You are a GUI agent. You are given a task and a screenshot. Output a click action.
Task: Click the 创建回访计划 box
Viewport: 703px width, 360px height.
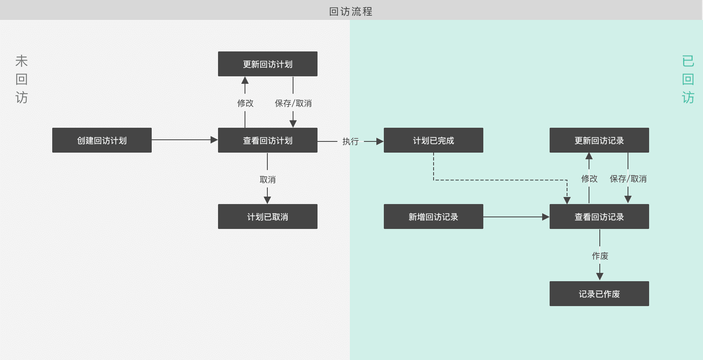pos(102,140)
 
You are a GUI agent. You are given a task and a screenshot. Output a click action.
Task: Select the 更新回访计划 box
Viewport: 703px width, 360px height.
pos(268,64)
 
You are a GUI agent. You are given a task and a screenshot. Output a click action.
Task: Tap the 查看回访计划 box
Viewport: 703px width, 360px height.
pos(268,140)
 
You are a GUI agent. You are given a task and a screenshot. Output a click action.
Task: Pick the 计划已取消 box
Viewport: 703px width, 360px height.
pos(268,216)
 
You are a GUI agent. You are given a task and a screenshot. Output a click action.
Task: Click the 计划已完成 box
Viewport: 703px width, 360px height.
pos(434,140)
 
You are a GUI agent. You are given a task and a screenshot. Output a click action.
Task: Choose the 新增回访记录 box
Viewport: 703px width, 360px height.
pos(434,216)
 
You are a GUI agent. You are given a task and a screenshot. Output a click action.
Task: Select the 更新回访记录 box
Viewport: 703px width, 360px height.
pos(599,140)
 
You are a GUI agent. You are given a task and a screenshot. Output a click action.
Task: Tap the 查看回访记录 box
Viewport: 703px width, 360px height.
pos(599,216)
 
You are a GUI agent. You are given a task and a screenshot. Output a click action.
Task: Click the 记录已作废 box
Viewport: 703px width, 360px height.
pos(599,294)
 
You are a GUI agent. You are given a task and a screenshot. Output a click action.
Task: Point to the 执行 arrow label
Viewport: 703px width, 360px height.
pos(350,141)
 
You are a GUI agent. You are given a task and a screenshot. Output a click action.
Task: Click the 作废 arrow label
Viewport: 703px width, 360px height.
pos(600,256)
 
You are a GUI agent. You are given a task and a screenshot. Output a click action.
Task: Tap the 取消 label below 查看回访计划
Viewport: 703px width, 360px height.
pos(267,180)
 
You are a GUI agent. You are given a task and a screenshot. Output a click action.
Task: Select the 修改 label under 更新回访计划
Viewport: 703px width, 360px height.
pos(245,103)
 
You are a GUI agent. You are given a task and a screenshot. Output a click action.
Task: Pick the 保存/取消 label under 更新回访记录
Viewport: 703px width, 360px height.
pos(628,179)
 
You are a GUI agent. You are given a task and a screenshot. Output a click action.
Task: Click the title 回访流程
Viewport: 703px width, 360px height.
pos(351,11)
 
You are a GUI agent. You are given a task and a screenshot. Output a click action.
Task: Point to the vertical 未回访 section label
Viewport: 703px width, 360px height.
pos(22,79)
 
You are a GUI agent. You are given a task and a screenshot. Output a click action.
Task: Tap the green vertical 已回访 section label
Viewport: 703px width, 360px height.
pos(688,79)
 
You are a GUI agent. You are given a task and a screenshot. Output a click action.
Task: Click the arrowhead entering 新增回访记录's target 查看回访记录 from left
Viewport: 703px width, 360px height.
pos(545,217)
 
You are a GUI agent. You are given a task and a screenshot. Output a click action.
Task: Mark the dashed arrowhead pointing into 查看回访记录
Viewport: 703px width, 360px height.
pos(567,200)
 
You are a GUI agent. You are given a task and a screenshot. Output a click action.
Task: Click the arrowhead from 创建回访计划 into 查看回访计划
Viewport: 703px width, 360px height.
pos(214,140)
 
